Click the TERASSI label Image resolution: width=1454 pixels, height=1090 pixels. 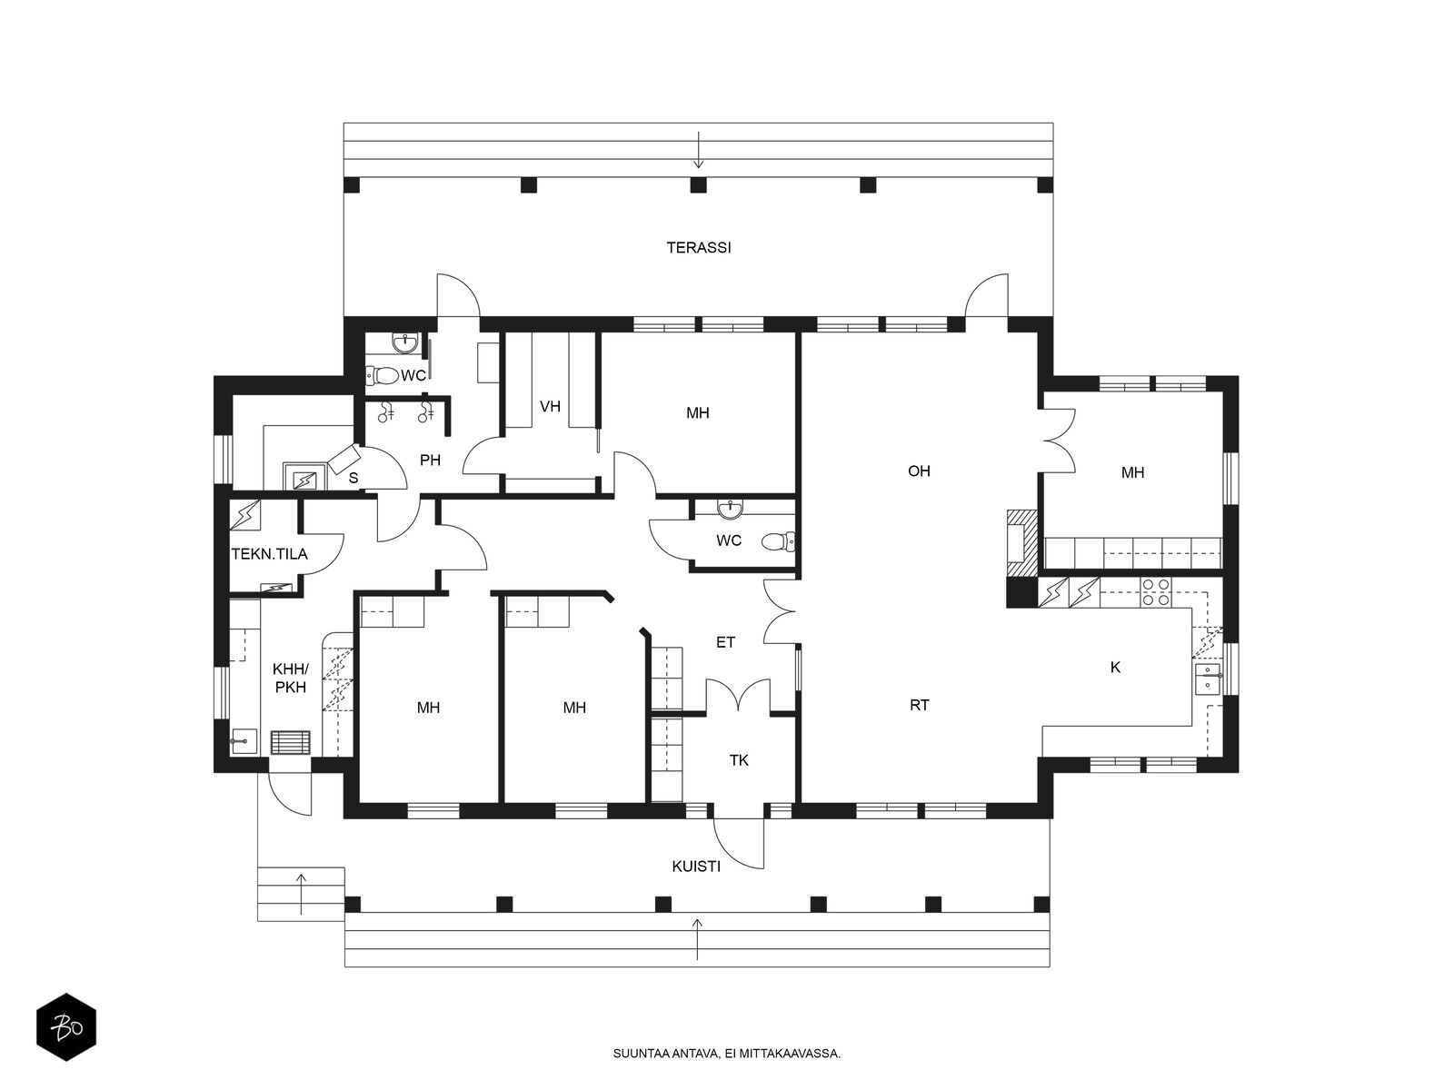[698, 247]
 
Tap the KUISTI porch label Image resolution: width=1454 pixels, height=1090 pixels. [695, 867]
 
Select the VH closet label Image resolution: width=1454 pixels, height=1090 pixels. [550, 406]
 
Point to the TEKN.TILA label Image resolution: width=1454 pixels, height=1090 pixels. [270, 554]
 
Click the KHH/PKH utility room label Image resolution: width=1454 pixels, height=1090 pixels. [291, 679]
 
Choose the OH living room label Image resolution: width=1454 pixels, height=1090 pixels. [919, 471]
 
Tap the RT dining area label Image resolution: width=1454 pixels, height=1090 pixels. [920, 706]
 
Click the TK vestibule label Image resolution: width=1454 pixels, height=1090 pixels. [739, 760]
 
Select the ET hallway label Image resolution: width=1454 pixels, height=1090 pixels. [725, 642]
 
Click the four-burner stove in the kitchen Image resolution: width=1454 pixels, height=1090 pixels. [1156, 592]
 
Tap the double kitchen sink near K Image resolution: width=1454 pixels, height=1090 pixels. [1209, 679]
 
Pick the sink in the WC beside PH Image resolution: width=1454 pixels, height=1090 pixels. [404, 342]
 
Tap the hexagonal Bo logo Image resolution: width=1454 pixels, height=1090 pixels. [66, 1027]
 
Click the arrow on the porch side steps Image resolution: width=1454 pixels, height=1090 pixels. [302, 894]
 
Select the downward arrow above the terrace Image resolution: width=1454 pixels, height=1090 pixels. [698, 150]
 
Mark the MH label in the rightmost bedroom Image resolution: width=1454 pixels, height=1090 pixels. [1132, 472]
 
